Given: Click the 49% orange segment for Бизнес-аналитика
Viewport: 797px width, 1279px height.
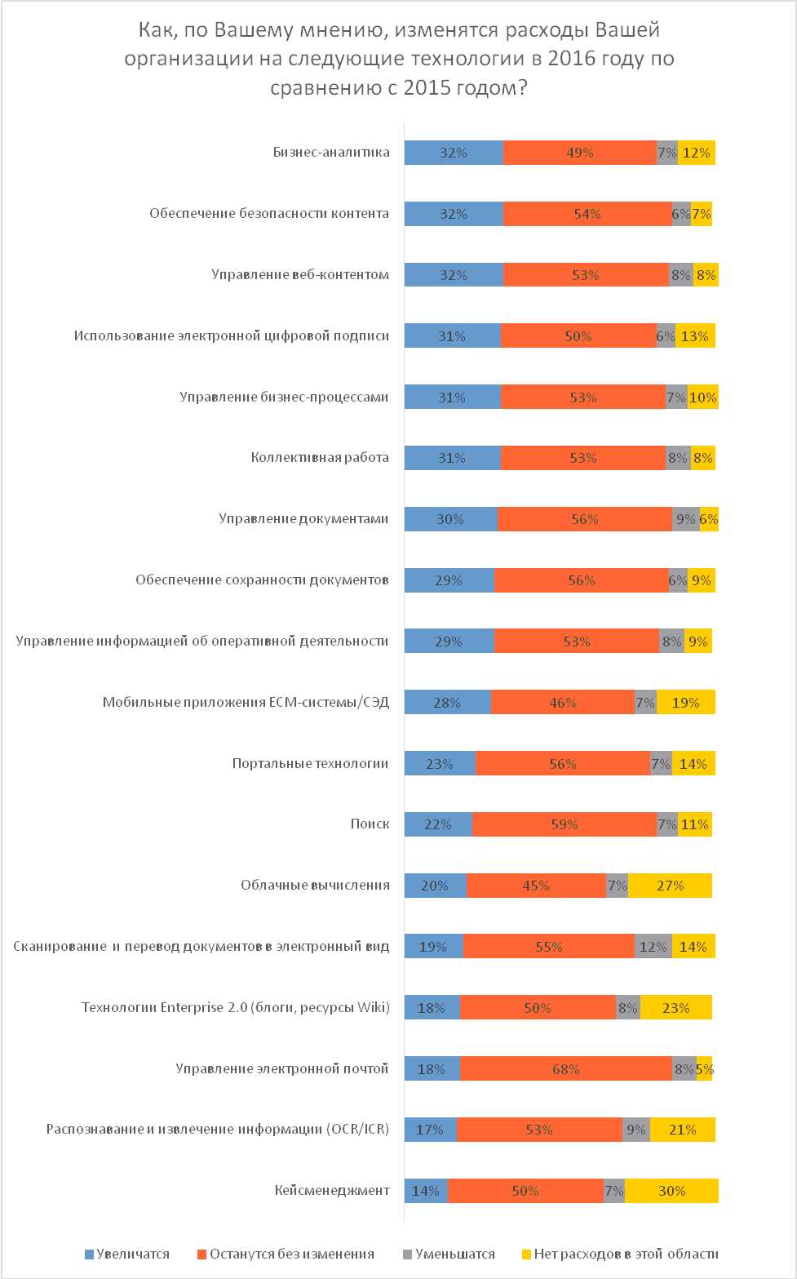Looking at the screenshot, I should (x=580, y=153).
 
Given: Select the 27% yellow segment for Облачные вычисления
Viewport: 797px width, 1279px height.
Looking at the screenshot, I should (x=670, y=886).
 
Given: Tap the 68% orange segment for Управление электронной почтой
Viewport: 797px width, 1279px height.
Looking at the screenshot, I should (x=566, y=1069).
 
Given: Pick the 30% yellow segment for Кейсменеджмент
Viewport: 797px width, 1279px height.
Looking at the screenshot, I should (x=671, y=1191).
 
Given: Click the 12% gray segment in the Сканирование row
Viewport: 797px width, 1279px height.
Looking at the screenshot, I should (x=653, y=947).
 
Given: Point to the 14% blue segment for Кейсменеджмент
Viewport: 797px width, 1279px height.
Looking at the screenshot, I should (x=426, y=1191).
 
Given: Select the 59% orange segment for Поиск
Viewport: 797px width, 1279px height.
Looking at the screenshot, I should (x=565, y=824).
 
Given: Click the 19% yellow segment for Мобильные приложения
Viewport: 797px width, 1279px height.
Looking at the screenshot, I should (x=685, y=703).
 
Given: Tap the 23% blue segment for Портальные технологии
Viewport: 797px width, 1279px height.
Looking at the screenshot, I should (x=440, y=764).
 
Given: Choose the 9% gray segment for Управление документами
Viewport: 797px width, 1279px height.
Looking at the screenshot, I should (x=686, y=519).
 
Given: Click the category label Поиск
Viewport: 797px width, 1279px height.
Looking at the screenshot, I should (x=370, y=824).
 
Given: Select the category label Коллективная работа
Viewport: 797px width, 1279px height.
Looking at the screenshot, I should (x=320, y=458).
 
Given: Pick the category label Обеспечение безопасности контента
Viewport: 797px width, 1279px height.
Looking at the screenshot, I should (x=269, y=214).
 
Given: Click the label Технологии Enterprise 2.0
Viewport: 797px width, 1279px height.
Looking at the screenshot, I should (x=236, y=1008).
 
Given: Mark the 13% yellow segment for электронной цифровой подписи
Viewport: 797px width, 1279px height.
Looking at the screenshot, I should (x=695, y=336).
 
